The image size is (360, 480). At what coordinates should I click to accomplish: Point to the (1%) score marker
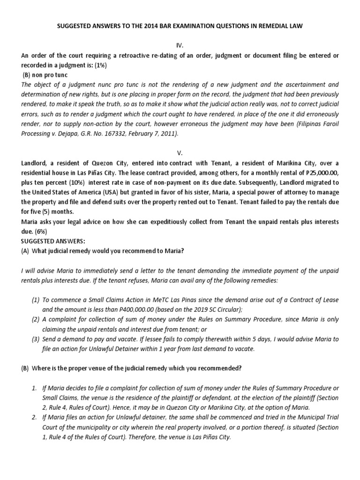tap(99, 65)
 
